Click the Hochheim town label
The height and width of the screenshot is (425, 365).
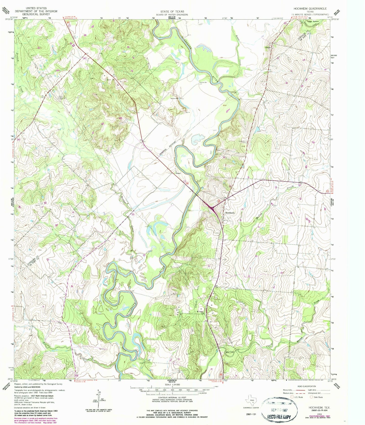pyautogui.click(x=230, y=213)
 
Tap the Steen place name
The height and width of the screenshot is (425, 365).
pyautogui.click(x=178, y=173)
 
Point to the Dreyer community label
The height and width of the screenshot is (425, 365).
pyautogui.click(x=268, y=47)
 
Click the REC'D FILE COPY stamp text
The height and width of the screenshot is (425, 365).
pyautogui.click(x=279, y=417)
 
